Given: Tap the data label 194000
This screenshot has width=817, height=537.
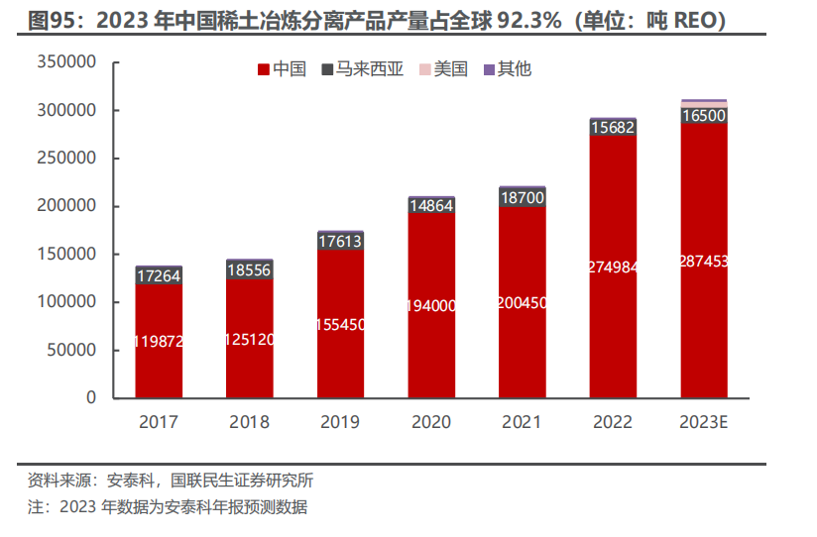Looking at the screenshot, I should pos(431,306).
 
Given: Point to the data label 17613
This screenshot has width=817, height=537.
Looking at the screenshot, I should pos(340,241).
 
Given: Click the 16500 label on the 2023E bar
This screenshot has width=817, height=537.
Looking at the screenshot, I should pos(704,116).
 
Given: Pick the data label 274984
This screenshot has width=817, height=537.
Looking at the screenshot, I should pos(613,267).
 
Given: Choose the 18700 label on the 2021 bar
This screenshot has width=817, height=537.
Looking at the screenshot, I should pos(522,198).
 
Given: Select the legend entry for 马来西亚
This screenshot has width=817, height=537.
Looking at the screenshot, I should pos(362,69).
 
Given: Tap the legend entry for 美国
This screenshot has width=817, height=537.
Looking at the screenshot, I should pos(443,69).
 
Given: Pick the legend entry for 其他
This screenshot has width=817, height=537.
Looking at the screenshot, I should pos(507,69).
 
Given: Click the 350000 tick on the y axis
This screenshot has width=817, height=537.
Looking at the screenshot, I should pos(65,62).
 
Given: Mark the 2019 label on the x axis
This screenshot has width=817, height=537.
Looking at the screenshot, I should pos(340,422).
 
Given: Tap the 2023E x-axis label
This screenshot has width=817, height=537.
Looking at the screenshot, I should pos(704,422).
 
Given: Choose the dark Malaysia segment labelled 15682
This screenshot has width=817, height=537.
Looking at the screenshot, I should pos(613,128).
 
